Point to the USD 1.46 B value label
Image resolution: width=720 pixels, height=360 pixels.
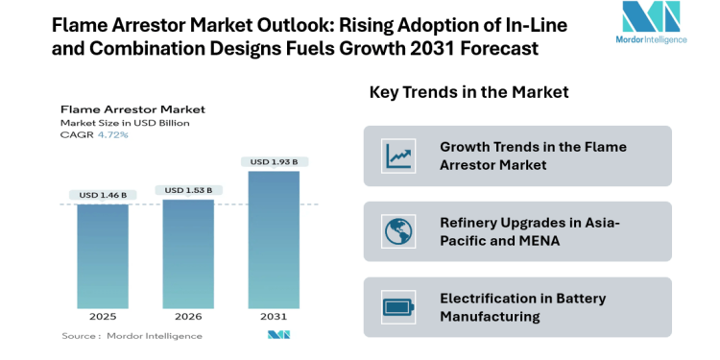tap(103, 195)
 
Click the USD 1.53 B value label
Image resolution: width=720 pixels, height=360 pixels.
tap(188, 190)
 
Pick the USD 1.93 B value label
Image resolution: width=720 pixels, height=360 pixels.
tap(274, 161)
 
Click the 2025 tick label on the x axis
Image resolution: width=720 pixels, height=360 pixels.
tap(103, 315)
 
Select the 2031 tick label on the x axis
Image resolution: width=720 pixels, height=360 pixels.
tap(274, 315)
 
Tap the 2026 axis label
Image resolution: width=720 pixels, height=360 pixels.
tap(188, 315)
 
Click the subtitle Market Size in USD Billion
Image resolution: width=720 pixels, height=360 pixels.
tap(125, 123)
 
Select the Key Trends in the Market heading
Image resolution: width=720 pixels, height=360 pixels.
tap(468, 92)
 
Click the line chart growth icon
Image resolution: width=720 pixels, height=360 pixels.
tap(396, 156)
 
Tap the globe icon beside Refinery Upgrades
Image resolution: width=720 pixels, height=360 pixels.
tap(396, 231)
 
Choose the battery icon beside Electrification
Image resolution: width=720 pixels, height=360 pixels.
tap(396, 307)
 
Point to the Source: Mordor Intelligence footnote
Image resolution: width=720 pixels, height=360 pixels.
tap(132, 336)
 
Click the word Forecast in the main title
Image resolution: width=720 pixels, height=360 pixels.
tap(497, 48)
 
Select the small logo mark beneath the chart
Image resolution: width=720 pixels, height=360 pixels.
tap(278, 335)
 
